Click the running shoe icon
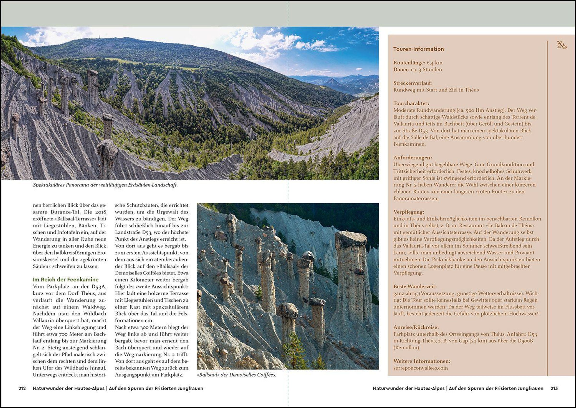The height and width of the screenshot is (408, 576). point(561,45)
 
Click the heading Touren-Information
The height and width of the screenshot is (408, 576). point(418,49)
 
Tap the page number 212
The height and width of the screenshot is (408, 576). point(22,388)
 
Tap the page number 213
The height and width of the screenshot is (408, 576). point(554,388)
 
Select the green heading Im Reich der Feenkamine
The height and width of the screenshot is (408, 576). point(66,279)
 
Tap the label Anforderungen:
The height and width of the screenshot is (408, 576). point(413,158)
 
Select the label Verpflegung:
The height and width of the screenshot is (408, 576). point(409,212)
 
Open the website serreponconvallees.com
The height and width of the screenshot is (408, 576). point(420,368)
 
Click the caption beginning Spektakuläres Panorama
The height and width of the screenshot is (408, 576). point(105,185)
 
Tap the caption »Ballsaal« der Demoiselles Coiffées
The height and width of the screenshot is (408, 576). point(236,375)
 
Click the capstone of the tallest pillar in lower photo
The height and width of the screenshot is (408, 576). point(351,239)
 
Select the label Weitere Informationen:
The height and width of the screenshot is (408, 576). point(422,361)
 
